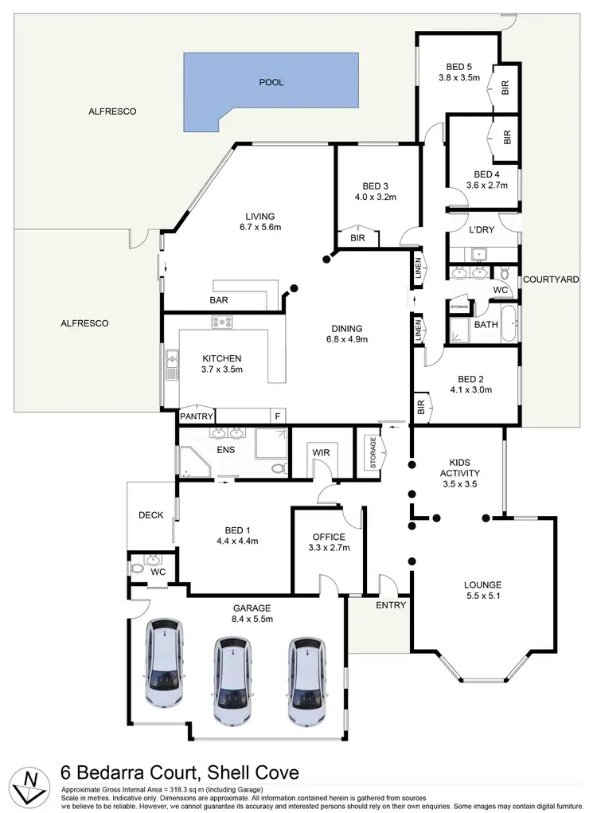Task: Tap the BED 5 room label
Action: [459, 66]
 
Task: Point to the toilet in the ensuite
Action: [277, 469]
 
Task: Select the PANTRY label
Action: [195, 416]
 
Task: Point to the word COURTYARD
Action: [551, 279]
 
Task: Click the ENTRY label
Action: [390, 605]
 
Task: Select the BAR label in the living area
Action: [220, 300]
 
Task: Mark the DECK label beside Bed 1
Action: [150, 515]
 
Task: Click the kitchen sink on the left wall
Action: [171, 365]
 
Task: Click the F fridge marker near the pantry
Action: [277, 416]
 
